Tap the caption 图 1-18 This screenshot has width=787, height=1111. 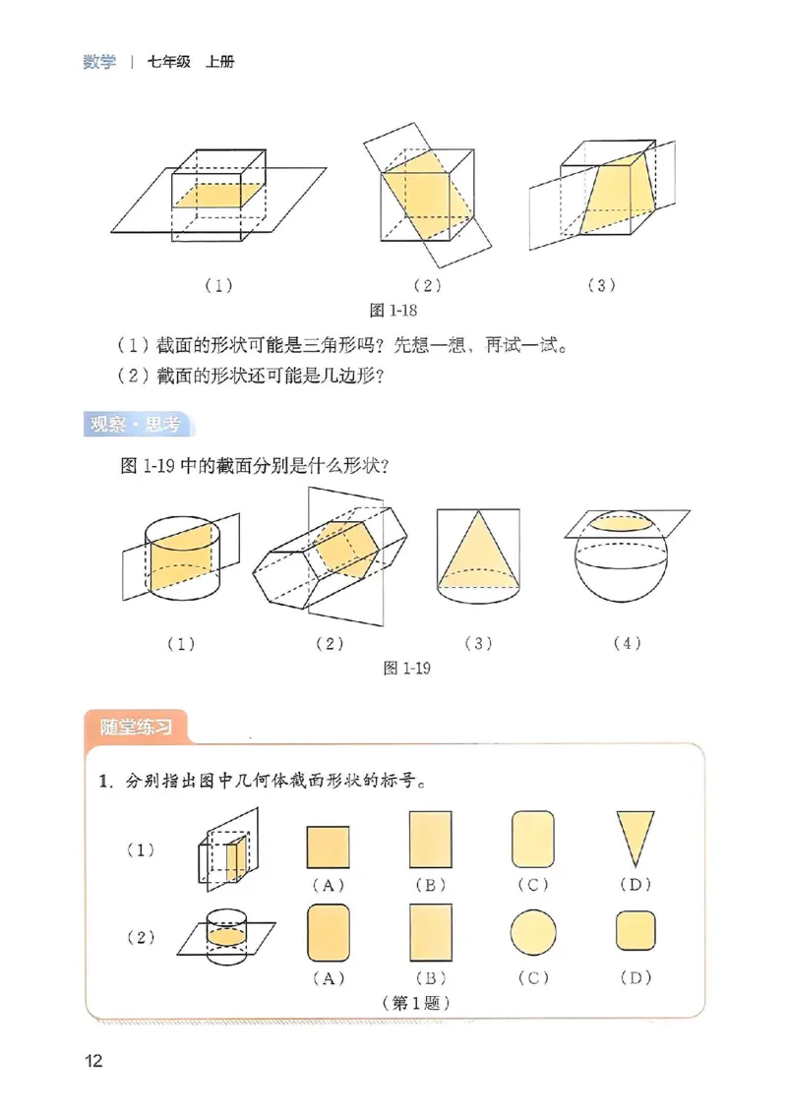(393, 311)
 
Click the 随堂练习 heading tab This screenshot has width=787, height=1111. (137, 729)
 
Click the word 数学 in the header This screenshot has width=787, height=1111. (98, 62)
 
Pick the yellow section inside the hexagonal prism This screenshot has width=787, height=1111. (343, 548)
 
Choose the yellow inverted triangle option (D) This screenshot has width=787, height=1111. (635, 835)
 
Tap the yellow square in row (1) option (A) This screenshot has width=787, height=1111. (329, 846)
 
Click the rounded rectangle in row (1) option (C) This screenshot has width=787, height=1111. (533, 839)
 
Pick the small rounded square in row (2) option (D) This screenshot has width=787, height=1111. (635, 931)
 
